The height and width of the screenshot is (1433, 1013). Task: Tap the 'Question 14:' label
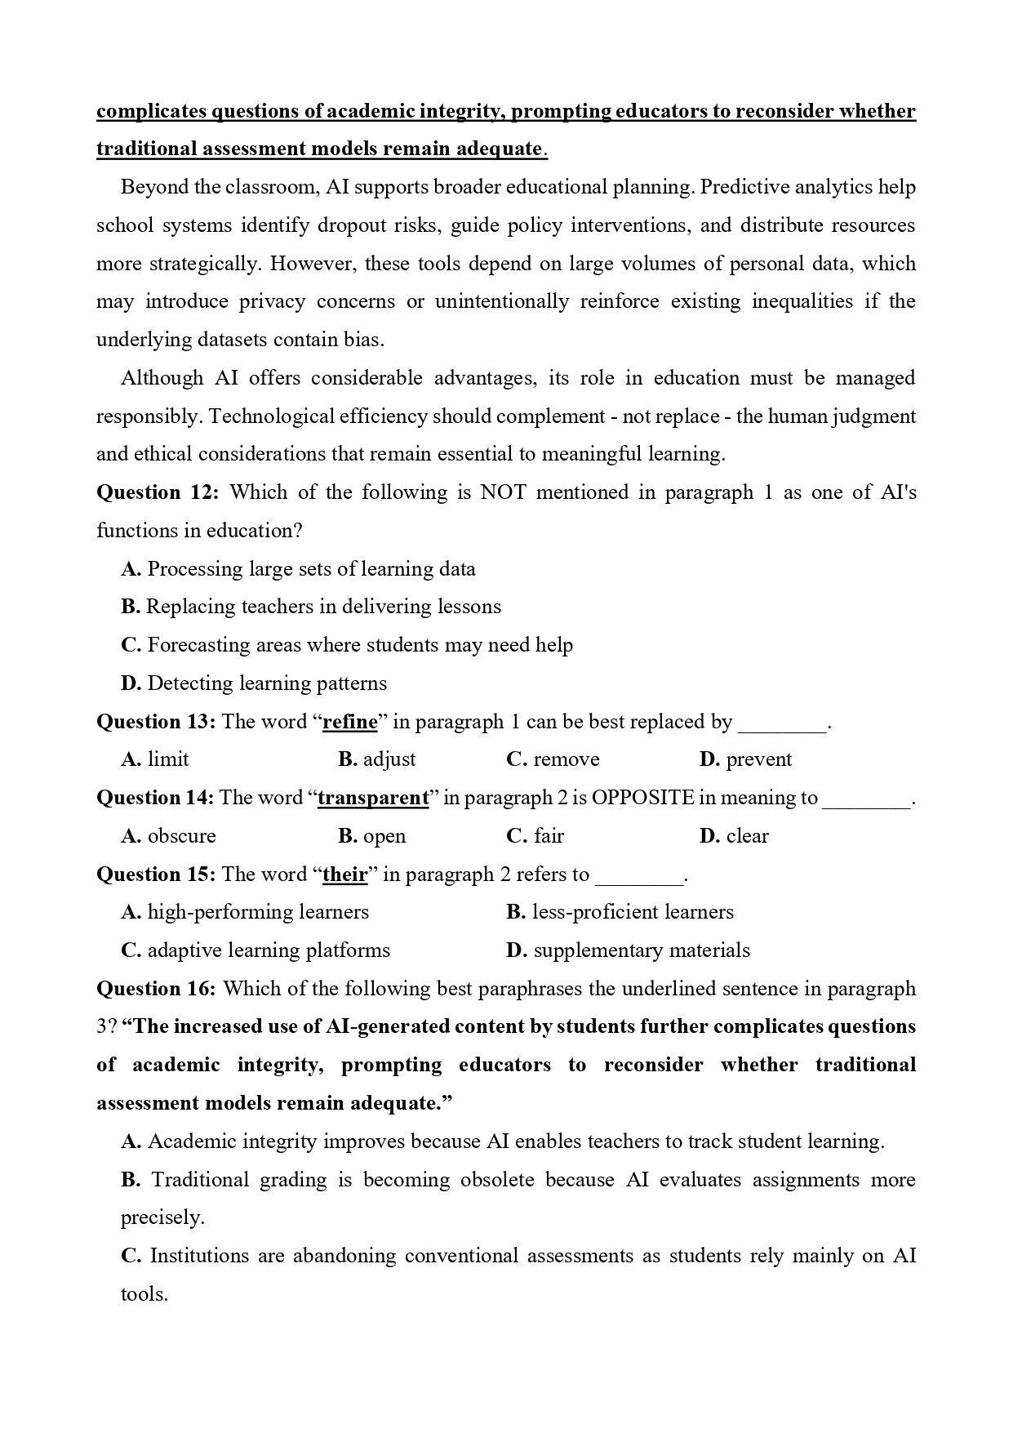(155, 798)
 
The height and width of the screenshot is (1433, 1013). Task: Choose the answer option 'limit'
(168, 759)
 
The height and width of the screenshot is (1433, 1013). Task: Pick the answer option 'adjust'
(389, 759)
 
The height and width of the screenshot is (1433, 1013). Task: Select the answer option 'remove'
(566, 759)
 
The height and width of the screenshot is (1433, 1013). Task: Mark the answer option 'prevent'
(758, 759)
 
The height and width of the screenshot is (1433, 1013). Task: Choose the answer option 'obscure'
(181, 836)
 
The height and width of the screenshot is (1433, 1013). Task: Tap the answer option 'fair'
(549, 836)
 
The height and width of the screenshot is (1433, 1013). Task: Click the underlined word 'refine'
(350, 722)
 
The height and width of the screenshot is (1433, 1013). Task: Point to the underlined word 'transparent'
(373, 798)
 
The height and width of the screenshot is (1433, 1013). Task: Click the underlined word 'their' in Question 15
(345, 874)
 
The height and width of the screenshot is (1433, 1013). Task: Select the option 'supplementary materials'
(641, 950)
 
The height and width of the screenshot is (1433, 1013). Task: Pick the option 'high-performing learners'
(258, 912)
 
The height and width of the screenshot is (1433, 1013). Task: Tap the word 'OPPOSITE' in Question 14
(642, 798)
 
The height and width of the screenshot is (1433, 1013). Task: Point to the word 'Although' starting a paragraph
(162, 378)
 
